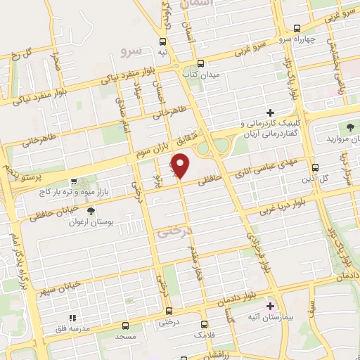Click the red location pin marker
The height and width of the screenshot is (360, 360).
click(x=181, y=166)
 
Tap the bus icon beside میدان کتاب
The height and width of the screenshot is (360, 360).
click(x=200, y=62)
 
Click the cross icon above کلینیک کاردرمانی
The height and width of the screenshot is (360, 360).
click(x=269, y=112)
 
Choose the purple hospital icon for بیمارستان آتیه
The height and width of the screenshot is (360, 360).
click(x=271, y=306)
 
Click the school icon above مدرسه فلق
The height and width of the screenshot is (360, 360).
click(x=71, y=318)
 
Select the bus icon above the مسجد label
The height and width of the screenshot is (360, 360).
click(x=125, y=326)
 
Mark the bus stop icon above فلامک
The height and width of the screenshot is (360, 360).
click(x=205, y=325)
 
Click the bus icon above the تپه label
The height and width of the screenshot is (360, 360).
click(x=163, y=41)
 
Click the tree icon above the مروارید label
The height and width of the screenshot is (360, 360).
click(x=349, y=127)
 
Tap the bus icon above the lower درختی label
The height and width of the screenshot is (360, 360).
click(x=168, y=310)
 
